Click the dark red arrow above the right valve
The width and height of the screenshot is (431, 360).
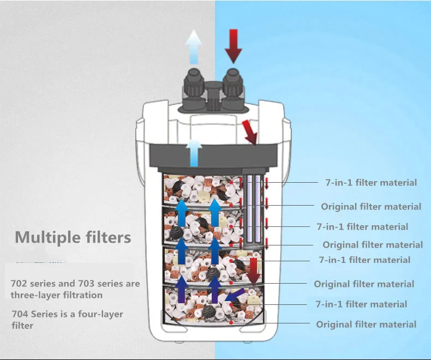pyautogui.click(x=233, y=45)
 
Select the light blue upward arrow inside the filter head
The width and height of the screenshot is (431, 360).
pyautogui.click(x=194, y=153)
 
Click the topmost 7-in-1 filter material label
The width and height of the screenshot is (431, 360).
pyautogui.click(x=371, y=183)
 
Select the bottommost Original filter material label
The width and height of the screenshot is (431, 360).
pyautogui.click(x=366, y=325)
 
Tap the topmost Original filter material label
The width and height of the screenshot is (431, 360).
pyautogui.click(x=371, y=207)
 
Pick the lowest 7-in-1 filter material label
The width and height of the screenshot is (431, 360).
pyautogui.click(x=361, y=304)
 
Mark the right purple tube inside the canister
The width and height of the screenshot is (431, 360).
pyautogui.click(x=258, y=209)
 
